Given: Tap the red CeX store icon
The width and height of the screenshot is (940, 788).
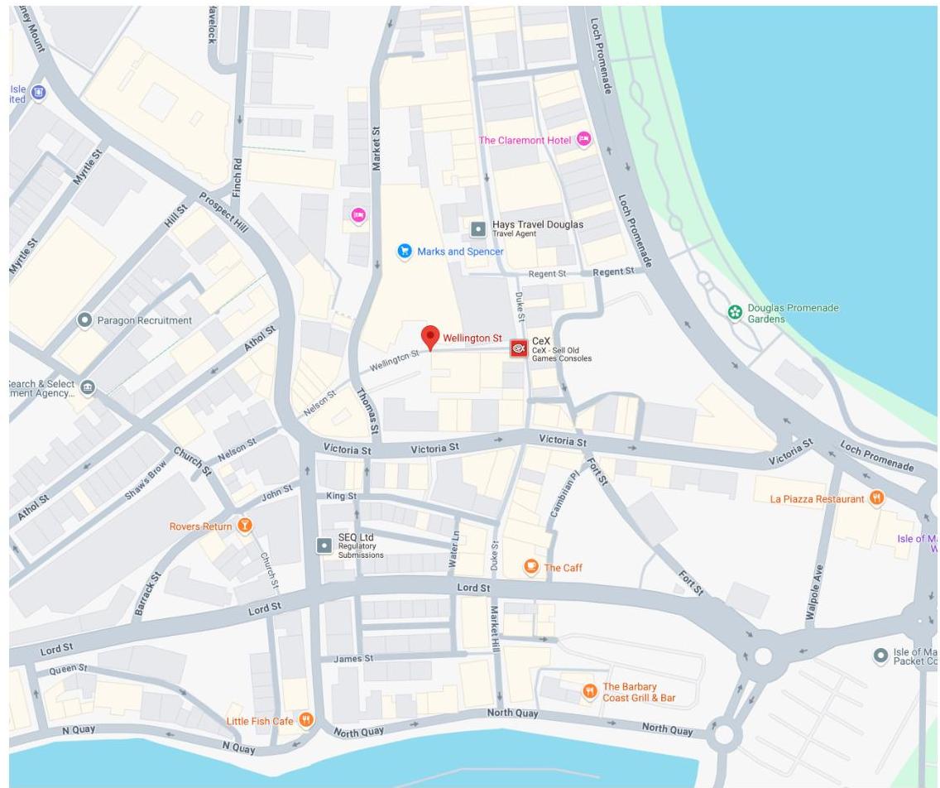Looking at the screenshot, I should click(519, 348).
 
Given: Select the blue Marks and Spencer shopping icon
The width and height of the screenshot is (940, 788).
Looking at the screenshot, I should click(405, 251).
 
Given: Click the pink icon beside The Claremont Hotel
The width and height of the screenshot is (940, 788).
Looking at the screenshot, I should click(584, 140).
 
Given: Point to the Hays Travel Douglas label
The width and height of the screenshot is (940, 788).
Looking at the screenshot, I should click(537, 225).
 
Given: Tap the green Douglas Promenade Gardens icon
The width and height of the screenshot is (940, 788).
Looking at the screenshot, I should click(735, 312).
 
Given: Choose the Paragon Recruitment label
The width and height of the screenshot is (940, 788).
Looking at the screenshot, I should click(144, 320).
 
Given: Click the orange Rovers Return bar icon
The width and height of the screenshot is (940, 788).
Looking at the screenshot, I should click(244, 526).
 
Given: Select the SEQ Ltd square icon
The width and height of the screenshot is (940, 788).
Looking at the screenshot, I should click(324, 545).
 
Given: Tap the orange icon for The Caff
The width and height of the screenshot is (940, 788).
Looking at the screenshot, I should click(532, 567).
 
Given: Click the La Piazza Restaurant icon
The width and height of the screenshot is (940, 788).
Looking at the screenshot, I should click(876, 498).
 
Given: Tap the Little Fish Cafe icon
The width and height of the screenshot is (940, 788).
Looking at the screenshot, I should click(306, 720).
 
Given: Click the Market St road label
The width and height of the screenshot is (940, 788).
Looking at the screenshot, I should click(376, 149).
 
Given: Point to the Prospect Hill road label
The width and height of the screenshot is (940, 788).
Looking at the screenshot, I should click(223, 213).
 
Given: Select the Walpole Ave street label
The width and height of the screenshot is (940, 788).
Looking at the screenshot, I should click(815, 593).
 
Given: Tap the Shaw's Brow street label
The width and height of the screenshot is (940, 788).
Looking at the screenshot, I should click(146, 480).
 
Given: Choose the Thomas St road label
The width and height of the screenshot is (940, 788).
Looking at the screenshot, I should click(367, 411).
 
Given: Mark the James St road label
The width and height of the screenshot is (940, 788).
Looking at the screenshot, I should click(353, 659).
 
